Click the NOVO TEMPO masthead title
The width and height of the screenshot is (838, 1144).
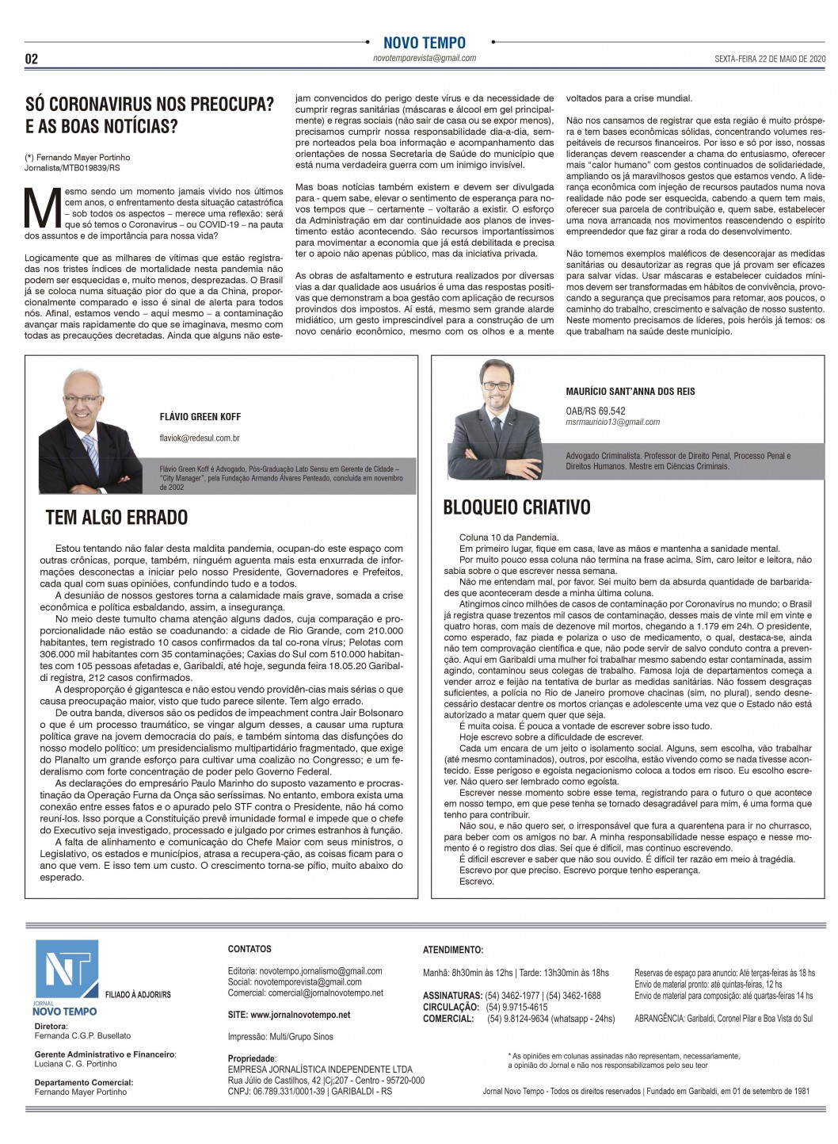click(424, 43)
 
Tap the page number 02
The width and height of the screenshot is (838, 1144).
click(32, 59)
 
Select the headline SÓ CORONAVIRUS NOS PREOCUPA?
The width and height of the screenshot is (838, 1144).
click(150, 104)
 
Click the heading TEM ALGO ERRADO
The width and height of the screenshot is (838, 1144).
click(116, 518)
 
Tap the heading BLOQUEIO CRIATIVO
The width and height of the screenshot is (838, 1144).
click(516, 507)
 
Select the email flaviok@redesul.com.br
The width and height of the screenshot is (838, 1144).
click(199, 438)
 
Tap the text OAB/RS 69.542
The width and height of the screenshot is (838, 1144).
click(595, 411)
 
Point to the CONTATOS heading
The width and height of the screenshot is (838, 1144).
click(249, 949)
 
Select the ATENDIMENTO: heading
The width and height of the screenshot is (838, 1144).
click(453, 949)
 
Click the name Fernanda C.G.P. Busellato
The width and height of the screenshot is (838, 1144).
click(82, 1035)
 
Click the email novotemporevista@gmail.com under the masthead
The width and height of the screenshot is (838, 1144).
click(425, 59)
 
